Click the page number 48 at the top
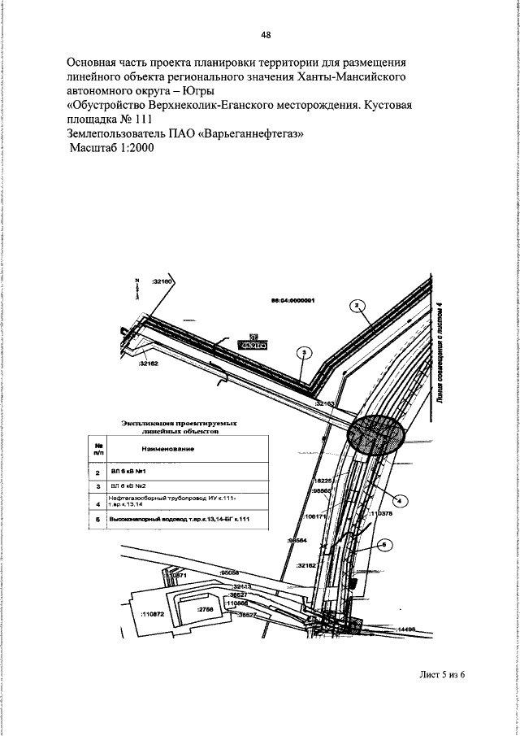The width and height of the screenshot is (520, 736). click(x=266, y=34)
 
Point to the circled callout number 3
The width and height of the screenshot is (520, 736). click(x=304, y=352)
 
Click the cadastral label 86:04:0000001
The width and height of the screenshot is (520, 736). click(x=292, y=299)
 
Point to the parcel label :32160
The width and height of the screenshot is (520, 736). click(x=163, y=281)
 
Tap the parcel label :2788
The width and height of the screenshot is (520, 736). click(x=206, y=608)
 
